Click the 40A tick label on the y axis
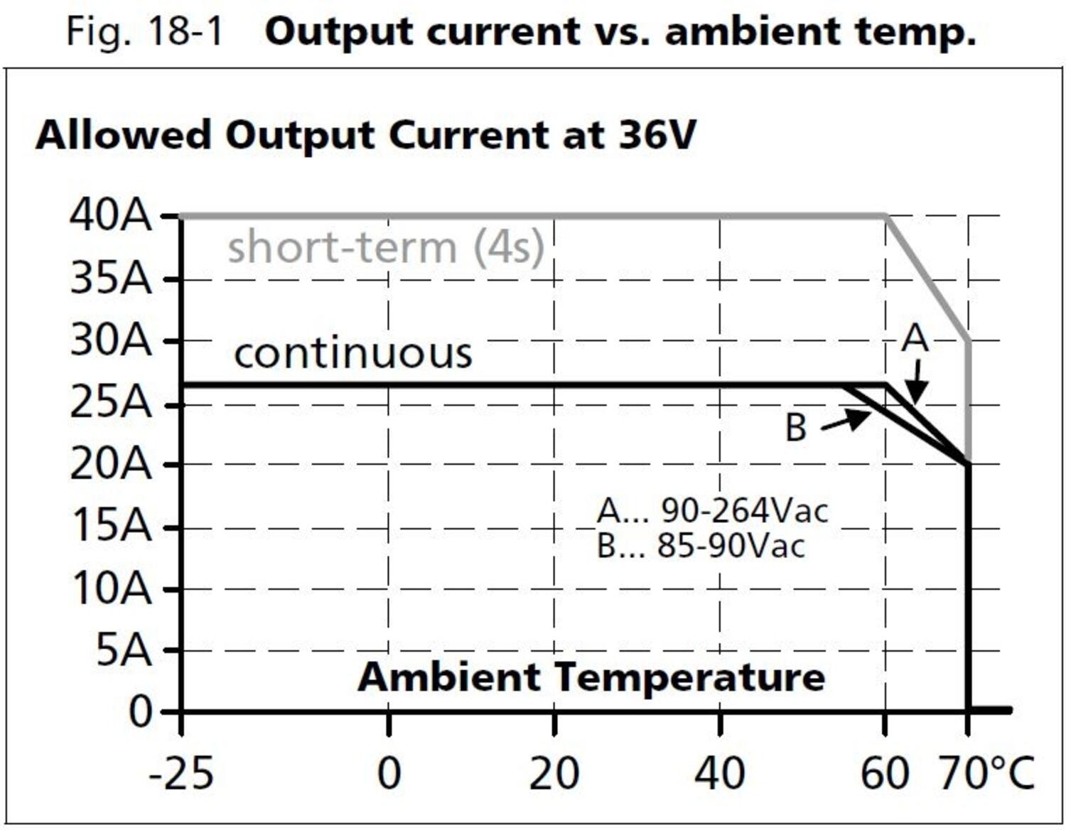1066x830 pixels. click(110, 215)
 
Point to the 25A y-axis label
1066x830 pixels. click(110, 403)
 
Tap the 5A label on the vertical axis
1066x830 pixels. click(124, 650)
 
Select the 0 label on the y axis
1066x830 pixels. click(140, 711)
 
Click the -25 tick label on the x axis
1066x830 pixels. click(181, 774)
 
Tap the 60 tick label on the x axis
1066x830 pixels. click(884, 774)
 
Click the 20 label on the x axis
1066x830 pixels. click(554, 774)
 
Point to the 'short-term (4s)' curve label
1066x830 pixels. click(385, 247)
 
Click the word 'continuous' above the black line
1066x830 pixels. click(352, 352)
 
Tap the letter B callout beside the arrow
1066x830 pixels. click(795, 428)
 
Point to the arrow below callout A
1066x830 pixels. click(917, 384)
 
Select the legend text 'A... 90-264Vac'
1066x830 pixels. click(712, 510)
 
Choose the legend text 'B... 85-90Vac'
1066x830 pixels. click(701, 546)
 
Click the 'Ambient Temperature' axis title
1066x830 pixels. click(591, 677)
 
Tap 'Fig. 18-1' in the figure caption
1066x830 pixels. click(144, 31)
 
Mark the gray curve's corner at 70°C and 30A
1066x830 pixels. click(967, 342)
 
